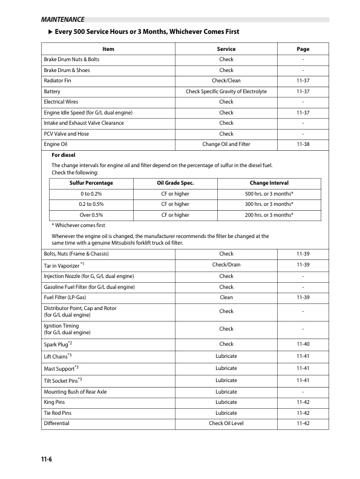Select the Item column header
[x=109, y=49]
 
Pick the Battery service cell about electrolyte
[x=226, y=91]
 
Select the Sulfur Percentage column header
[x=91, y=183]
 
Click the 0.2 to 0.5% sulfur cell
[x=91, y=204]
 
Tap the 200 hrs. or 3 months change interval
[x=269, y=215]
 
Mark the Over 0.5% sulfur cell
[x=91, y=215]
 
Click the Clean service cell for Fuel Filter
[x=226, y=297]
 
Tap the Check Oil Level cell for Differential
[x=226, y=423]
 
